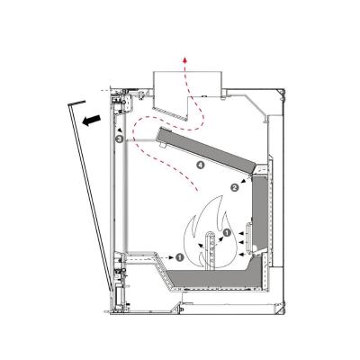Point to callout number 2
235,187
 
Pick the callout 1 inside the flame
227,234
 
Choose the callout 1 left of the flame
181,256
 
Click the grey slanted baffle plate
206,148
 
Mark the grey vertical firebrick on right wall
259,216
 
